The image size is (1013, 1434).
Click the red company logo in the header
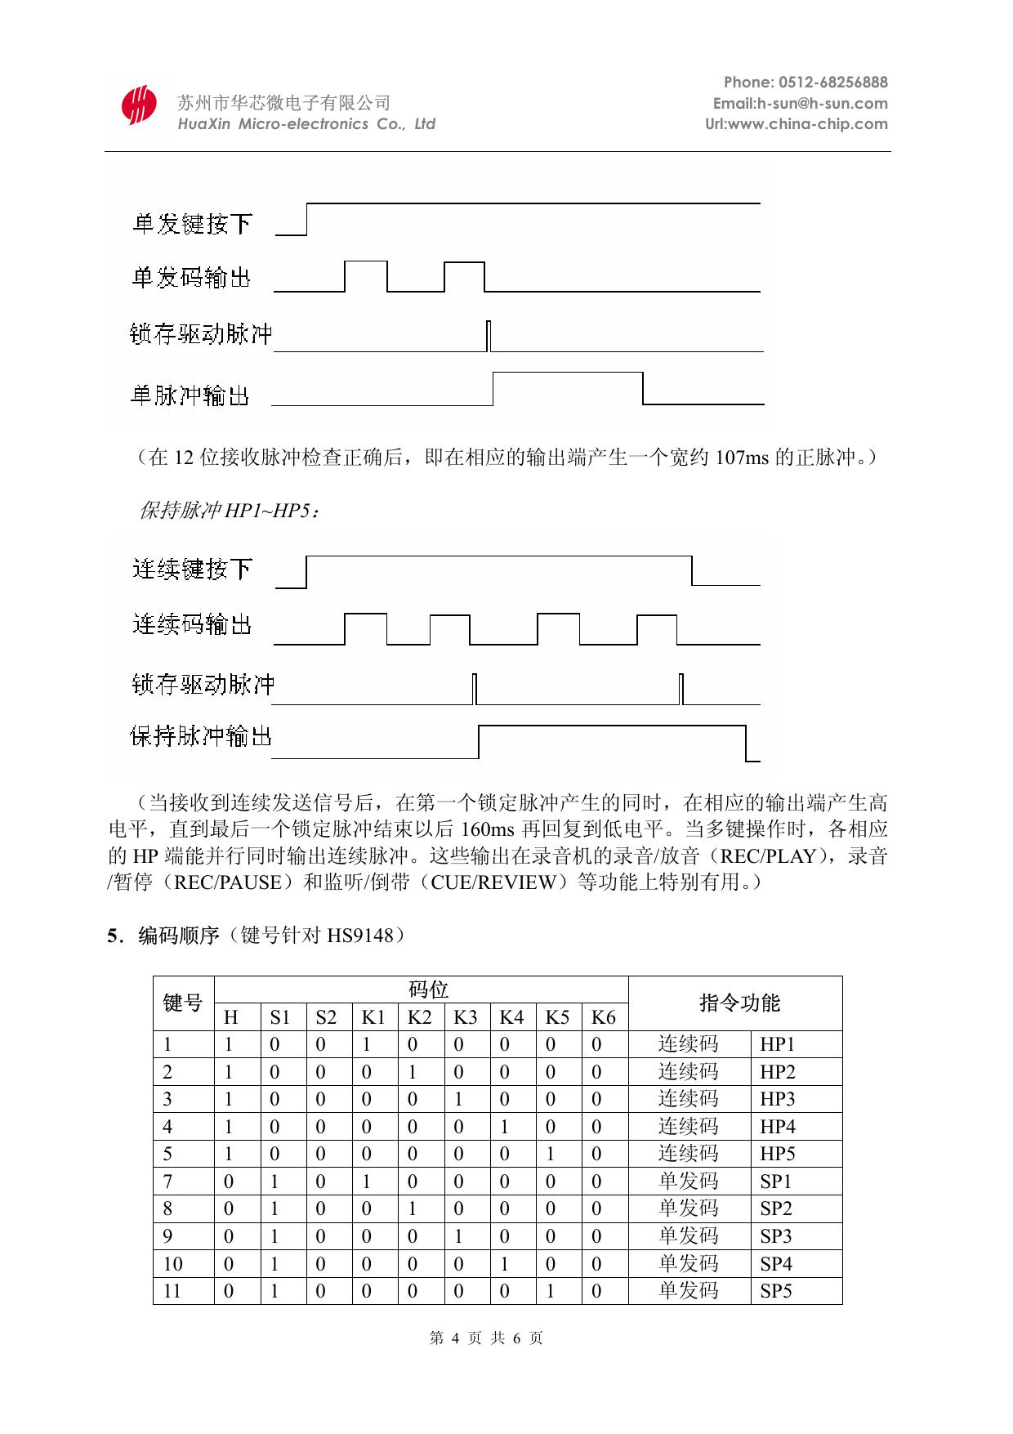(x=139, y=105)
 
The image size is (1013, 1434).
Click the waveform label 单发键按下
(x=193, y=223)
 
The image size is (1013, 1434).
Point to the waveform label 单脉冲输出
(x=190, y=395)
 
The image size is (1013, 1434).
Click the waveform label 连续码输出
(x=192, y=625)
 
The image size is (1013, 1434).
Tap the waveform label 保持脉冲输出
(x=201, y=737)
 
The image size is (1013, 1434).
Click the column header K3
(x=465, y=1017)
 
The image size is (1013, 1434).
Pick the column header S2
(x=326, y=1017)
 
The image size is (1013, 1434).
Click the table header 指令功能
(x=739, y=1003)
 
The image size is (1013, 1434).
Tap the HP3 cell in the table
(x=777, y=1099)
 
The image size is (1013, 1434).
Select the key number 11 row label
(x=172, y=1291)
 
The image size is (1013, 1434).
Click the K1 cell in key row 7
(x=367, y=1181)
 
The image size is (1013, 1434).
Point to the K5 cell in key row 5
(x=551, y=1154)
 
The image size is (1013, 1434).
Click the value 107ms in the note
(x=742, y=458)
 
